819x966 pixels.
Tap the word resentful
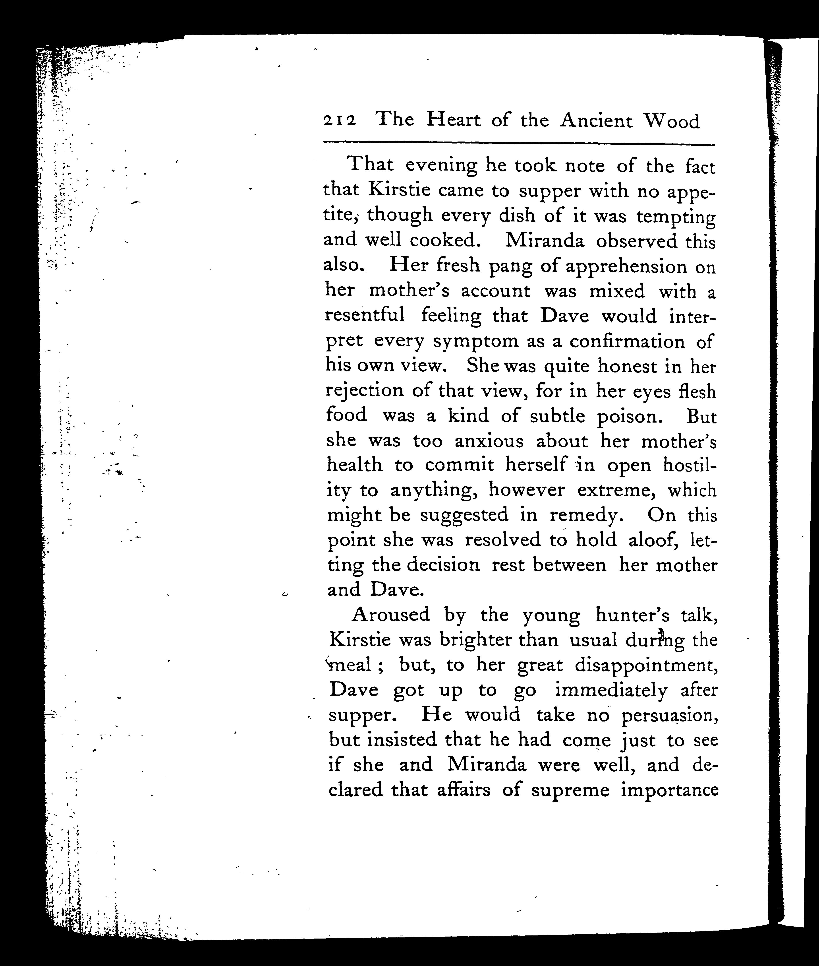coord(365,316)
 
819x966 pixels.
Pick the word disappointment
coord(647,665)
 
